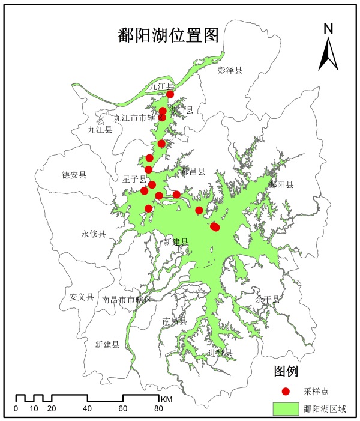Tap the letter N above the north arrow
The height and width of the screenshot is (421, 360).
(x=328, y=29)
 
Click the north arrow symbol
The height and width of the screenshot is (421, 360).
(x=328, y=54)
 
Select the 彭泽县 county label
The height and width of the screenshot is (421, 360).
(x=230, y=70)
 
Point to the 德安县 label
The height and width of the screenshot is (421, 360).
(x=74, y=175)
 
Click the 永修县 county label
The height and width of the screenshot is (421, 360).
(x=94, y=234)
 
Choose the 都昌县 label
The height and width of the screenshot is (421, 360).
(x=193, y=171)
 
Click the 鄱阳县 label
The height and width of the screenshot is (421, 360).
(x=281, y=184)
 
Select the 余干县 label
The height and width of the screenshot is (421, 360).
(x=268, y=298)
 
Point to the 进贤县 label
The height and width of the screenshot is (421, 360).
(x=219, y=353)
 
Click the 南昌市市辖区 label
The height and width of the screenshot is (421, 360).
(x=127, y=299)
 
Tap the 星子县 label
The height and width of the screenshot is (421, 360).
(x=135, y=179)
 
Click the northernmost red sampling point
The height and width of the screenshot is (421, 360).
(x=170, y=94)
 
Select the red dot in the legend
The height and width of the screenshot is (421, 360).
(x=286, y=391)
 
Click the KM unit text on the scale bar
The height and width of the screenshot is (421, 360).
(x=167, y=399)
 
